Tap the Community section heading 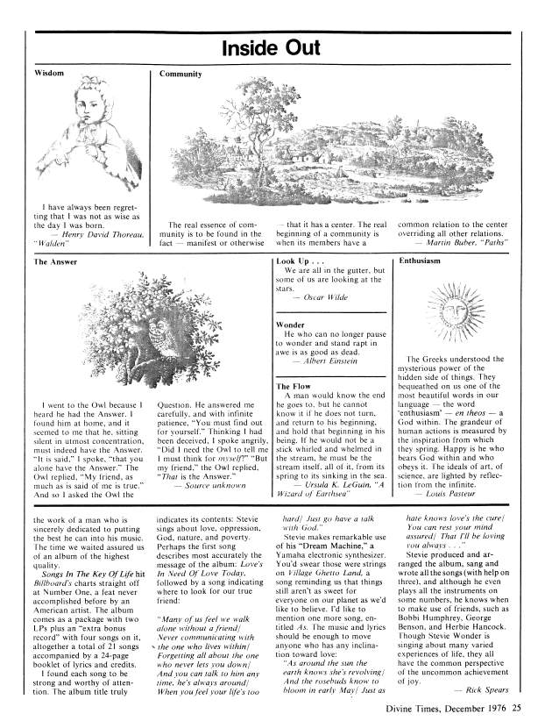pyautogui.click(x=181, y=75)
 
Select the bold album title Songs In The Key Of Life pyautogui.click(x=74, y=572)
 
